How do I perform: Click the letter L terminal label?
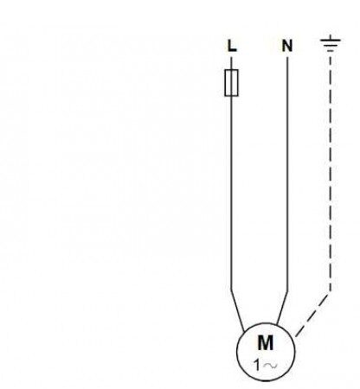(232, 46)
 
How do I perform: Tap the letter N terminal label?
(287, 46)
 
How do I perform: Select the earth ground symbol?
(331, 43)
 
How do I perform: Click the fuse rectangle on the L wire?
(231, 83)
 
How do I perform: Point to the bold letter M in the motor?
(265, 342)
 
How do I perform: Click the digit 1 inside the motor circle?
(257, 365)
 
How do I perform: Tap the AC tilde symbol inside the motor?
(271, 366)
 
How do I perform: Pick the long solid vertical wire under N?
(287, 175)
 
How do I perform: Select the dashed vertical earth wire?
(331, 173)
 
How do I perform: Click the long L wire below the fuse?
(231, 192)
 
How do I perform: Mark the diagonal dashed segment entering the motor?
(312, 315)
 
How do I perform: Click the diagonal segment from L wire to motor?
(238, 310)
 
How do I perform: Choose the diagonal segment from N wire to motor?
(282, 308)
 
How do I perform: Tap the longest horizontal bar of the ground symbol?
(331, 40)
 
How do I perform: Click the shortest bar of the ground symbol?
(331, 51)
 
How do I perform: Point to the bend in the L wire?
(231, 289)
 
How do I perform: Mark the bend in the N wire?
(287, 292)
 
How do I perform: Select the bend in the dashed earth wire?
(331, 291)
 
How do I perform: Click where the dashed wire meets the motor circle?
(295, 337)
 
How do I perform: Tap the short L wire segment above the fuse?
(231, 63)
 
